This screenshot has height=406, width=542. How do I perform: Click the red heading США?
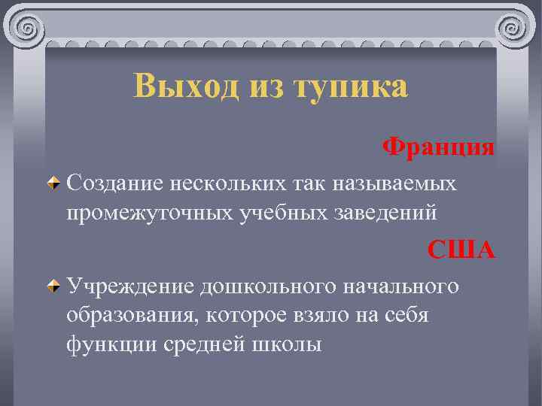[x=461, y=249]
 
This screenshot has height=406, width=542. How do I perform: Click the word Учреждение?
[x=129, y=286]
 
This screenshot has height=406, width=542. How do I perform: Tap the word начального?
[x=396, y=286]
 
